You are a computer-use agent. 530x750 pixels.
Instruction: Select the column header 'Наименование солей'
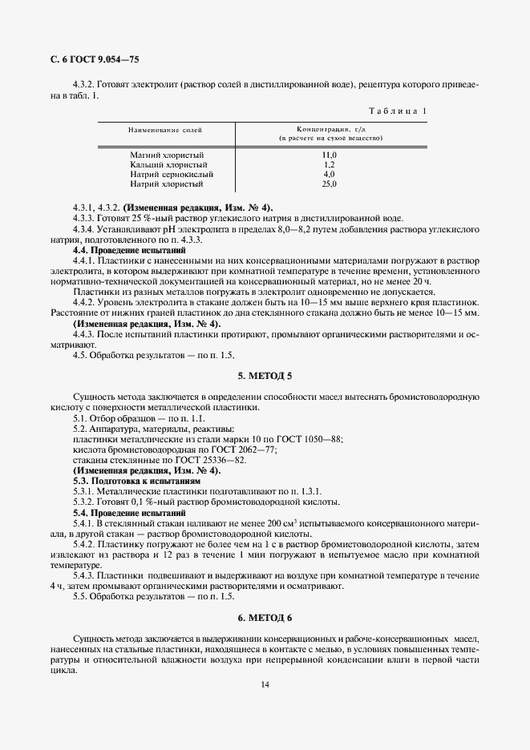click(165, 129)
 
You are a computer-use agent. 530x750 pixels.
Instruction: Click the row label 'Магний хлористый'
click(167, 154)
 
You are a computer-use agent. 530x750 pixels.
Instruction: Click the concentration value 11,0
click(329, 154)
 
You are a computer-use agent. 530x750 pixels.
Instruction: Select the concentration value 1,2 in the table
click(329, 164)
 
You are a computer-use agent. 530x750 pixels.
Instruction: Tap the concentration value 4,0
click(329, 174)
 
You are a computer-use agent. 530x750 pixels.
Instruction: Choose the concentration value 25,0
click(329, 184)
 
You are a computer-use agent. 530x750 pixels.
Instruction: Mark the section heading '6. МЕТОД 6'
click(265, 617)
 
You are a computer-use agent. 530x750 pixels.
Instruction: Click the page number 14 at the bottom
click(265, 683)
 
